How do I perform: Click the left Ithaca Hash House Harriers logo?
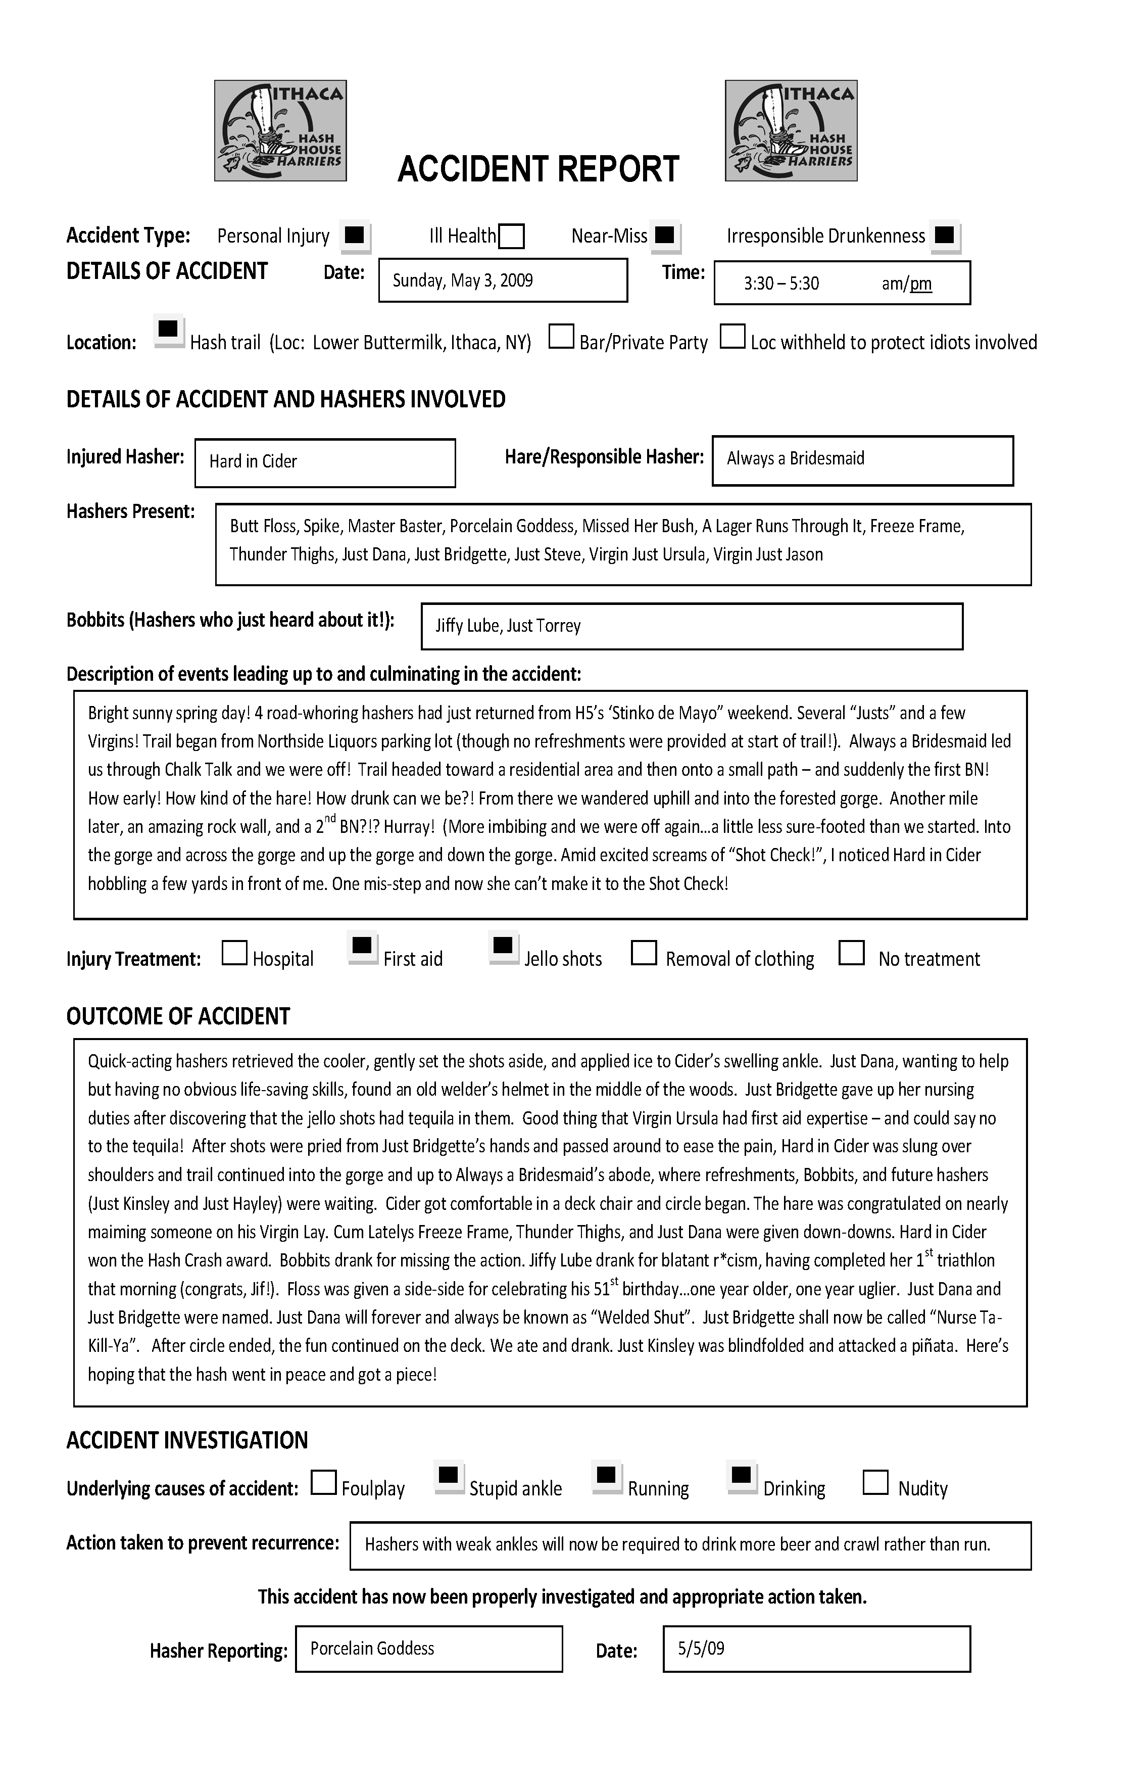point(280,130)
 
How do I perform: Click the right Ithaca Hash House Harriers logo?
point(791,130)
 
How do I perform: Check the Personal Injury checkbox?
point(355,235)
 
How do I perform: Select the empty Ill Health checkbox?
point(511,237)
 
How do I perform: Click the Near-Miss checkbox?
point(665,235)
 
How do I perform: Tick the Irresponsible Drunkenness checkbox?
point(944,235)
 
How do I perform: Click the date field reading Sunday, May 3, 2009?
point(503,280)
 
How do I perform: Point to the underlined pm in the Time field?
point(921,284)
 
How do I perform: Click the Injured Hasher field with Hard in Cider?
point(325,462)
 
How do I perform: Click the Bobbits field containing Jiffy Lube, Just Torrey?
point(692,626)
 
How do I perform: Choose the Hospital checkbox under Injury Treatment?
point(234,953)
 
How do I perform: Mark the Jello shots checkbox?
point(503,947)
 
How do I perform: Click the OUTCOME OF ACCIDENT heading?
point(178,1016)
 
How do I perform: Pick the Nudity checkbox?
point(876,1483)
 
